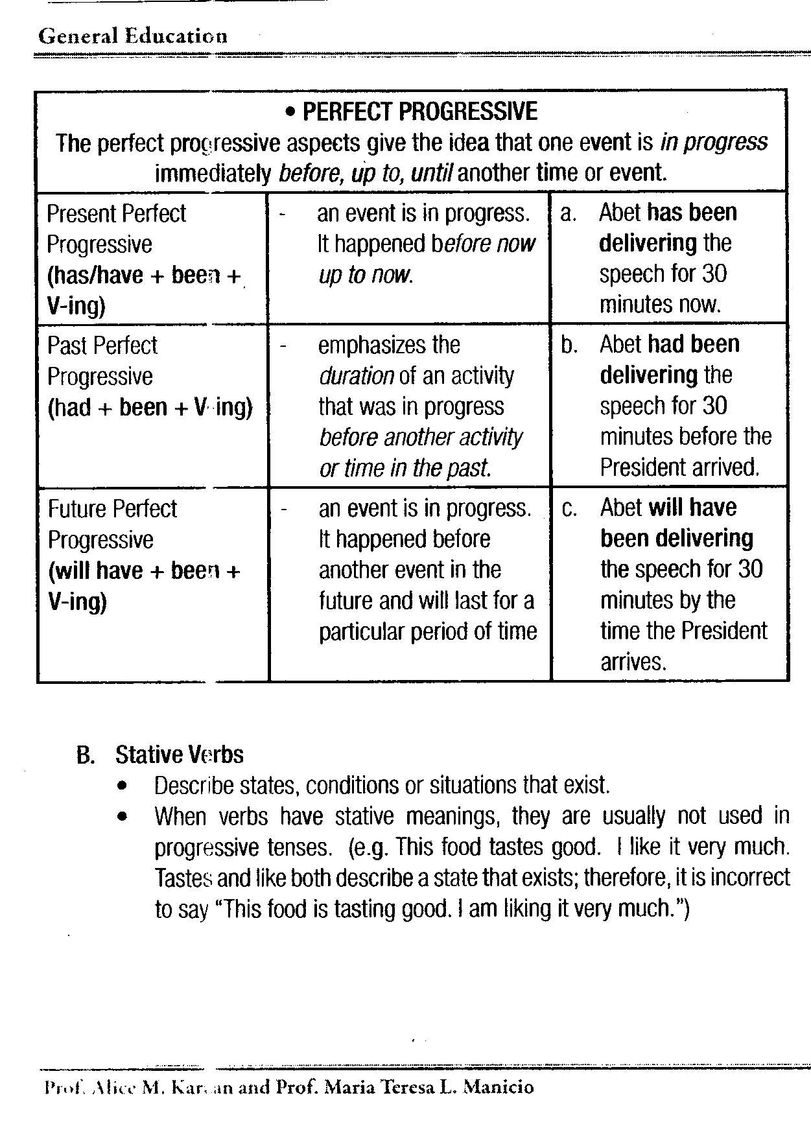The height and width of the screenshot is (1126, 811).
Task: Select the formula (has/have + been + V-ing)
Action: [x=143, y=290]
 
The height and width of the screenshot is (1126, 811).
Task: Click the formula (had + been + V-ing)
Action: [x=150, y=407]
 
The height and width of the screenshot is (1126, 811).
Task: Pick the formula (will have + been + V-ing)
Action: [x=143, y=586]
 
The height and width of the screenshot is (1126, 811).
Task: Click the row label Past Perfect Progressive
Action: [x=102, y=360]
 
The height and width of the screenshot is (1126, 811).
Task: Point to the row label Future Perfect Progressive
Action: [x=112, y=524]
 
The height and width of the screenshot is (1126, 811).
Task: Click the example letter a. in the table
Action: [x=568, y=213]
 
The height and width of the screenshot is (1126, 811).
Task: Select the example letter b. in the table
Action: [x=569, y=345]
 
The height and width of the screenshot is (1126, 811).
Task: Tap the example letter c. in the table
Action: [x=569, y=509]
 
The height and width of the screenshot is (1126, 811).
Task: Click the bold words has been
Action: [x=692, y=213]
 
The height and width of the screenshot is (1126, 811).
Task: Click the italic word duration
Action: [x=356, y=376]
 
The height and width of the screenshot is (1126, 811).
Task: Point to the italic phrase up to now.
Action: [x=365, y=275]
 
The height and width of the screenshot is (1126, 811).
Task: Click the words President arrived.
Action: [x=679, y=467]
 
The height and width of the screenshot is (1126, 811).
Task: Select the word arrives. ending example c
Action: [x=633, y=662]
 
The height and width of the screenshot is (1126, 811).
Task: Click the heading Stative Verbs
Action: [x=179, y=755]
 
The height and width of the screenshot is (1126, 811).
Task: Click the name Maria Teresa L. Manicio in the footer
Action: [x=428, y=1087]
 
